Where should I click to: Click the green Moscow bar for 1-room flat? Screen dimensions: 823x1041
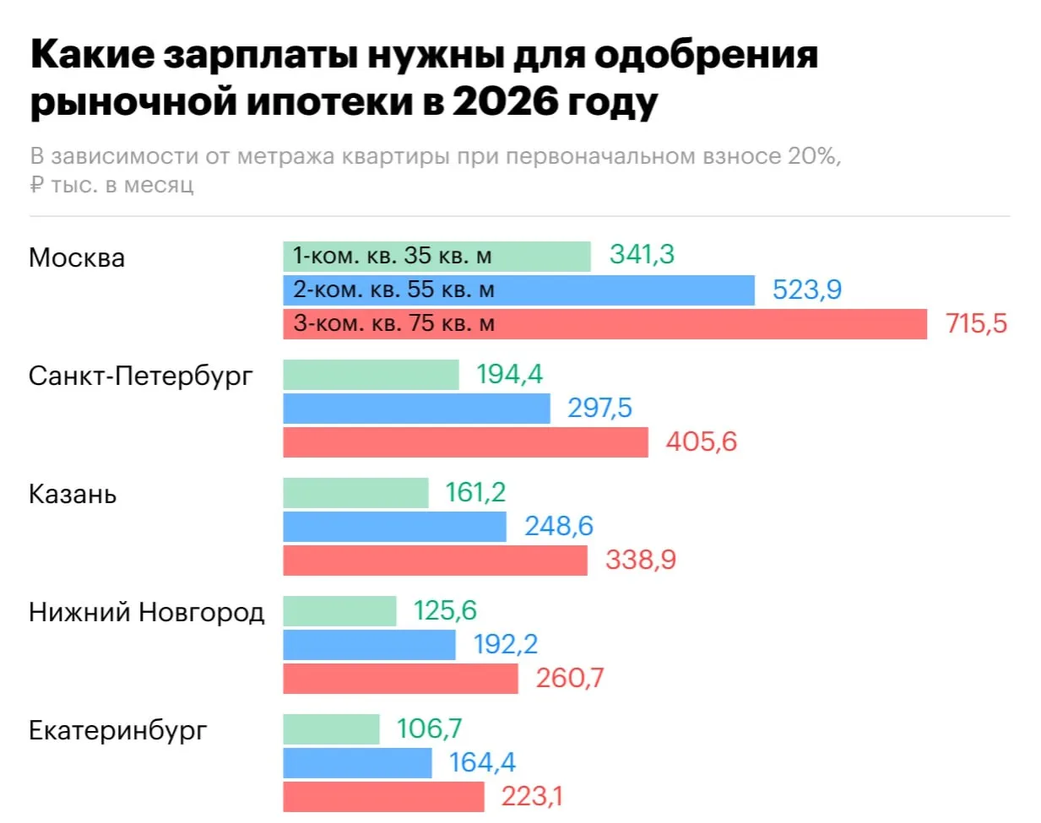pyautogui.click(x=436, y=257)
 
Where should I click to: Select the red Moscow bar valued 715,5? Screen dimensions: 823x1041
pyautogui.click(x=605, y=324)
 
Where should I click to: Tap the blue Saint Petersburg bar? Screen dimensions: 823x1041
pyautogui.click(x=416, y=409)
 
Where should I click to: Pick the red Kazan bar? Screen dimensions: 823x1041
pyautogui.click(x=435, y=560)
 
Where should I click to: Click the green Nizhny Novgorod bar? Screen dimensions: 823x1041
pyautogui.click(x=339, y=611)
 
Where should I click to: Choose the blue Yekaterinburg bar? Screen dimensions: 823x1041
pyautogui.click(x=357, y=763)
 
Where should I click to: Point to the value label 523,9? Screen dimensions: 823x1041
pyautogui.click(x=806, y=290)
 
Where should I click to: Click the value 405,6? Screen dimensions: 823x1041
pyautogui.click(x=701, y=441)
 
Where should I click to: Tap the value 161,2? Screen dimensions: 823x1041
pyautogui.click(x=475, y=492)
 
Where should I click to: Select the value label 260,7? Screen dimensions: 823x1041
pyautogui.click(x=570, y=678)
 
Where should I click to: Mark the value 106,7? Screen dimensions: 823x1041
pyautogui.click(x=430, y=728)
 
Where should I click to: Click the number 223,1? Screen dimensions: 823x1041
pyautogui.click(x=532, y=796)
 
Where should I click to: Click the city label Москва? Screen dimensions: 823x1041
pyautogui.click(x=77, y=257)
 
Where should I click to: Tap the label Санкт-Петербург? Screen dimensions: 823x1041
pyautogui.click(x=140, y=376)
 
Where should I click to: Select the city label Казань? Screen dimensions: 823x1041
pyautogui.click(x=73, y=494)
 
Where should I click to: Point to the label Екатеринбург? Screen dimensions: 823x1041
pyautogui.click(x=117, y=730)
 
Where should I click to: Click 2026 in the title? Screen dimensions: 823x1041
pyautogui.click(x=506, y=101)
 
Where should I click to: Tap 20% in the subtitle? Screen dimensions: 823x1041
pyautogui.click(x=814, y=156)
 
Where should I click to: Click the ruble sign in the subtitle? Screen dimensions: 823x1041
pyautogui.click(x=36, y=185)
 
